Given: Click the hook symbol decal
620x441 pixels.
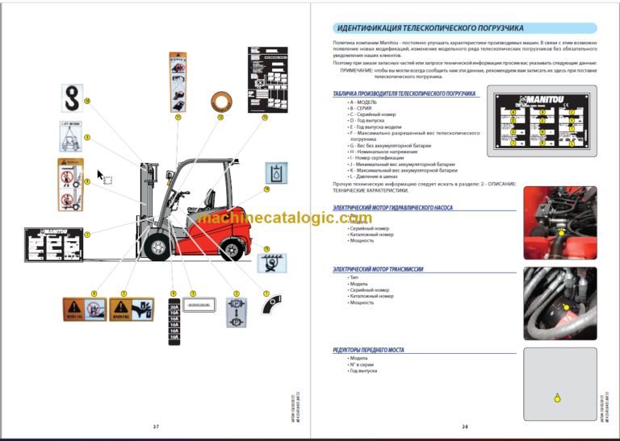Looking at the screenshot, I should [72, 102].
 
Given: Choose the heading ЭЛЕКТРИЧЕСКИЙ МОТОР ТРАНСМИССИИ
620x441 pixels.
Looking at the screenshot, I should [378, 269].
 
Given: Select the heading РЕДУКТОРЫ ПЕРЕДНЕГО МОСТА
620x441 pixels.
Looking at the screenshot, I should [368, 350].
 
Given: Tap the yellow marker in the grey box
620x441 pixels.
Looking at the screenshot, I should [556, 396].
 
